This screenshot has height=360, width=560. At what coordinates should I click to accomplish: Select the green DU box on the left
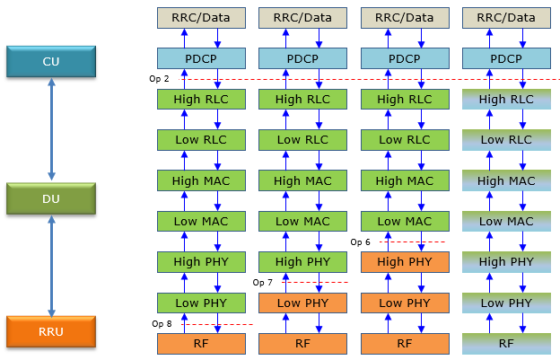tap(51, 198)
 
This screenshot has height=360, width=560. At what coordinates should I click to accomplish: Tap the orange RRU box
tap(51, 330)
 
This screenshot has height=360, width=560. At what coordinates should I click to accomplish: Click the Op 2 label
tap(159, 79)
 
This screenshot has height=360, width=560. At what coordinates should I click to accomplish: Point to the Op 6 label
tap(360, 241)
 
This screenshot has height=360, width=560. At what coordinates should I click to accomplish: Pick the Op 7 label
tap(263, 282)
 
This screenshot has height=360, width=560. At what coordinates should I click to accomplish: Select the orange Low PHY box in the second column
tap(302, 303)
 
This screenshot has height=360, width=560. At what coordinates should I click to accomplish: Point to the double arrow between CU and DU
tap(52, 128)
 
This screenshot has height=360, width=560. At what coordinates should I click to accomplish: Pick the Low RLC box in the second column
tap(302, 140)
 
